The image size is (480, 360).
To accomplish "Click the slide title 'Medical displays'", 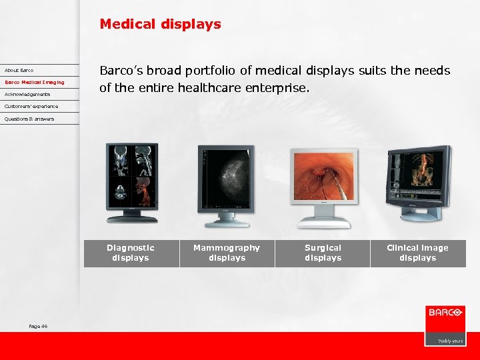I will pyautogui.click(x=160, y=25).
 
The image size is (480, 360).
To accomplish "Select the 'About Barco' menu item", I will pyautogui.click(x=19, y=70).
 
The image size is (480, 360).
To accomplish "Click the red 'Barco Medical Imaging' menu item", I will pyautogui.click(x=35, y=82).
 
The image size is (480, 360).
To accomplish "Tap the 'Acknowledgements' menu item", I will pyautogui.click(x=27, y=94).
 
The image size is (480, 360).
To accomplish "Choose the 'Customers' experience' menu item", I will pyautogui.click(x=31, y=106).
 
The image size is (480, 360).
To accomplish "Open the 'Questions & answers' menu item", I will pyautogui.click(x=29, y=119).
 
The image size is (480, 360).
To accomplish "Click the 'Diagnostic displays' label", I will pyautogui.click(x=131, y=253).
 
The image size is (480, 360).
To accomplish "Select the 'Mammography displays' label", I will pyautogui.click(x=227, y=253).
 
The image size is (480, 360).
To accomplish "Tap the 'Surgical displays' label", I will pyautogui.click(x=323, y=253).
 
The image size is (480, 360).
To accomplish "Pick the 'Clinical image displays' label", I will pyautogui.click(x=417, y=253).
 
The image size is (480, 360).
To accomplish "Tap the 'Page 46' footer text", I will pyautogui.click(x=38, y=326).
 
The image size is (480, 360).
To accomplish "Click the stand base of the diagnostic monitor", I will pyautogui.click(x=133, y=218).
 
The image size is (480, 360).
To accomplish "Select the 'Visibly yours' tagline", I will pyautogui.click(x=450, y=340).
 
